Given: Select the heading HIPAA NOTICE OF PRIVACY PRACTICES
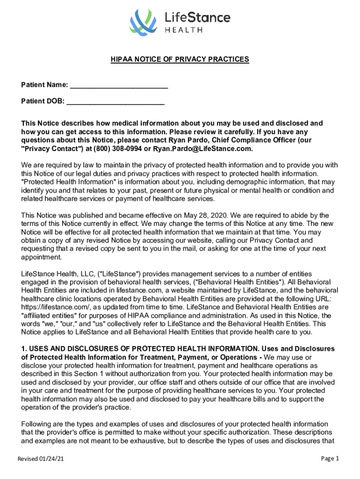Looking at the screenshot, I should pos(180,59).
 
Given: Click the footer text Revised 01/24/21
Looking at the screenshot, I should pos(41,459).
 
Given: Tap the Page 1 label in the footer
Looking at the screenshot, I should pos(330,458).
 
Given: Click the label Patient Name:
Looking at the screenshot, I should pos(44,86).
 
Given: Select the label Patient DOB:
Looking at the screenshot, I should pos(43,101).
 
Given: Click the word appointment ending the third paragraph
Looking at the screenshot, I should pos(41,257).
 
